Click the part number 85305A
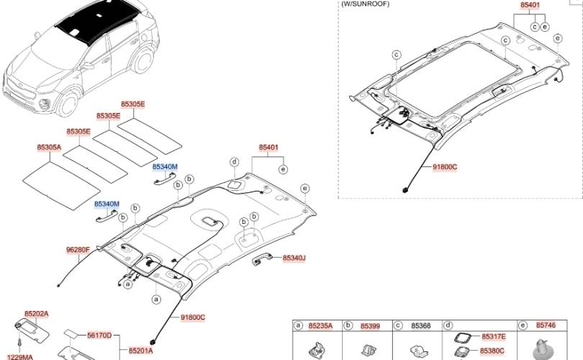tap(49, 148)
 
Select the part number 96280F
tap(78, 250)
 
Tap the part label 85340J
tap(294, 258)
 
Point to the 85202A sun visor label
tap(37, 314)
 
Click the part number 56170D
tap(99, 336)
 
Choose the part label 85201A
tap(141, 351)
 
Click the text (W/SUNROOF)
tap(365, 4)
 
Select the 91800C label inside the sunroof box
tap(445, 167)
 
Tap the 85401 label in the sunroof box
tap(530, 5)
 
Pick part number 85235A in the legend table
tap(320, 326)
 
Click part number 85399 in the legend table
tap(371, 326)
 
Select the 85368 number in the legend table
tap(421, 326)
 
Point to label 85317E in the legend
tap(494, 336)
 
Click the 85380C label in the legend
tap(492, 351)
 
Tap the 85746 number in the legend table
tap(546, 325)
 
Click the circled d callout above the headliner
tap(234, 162)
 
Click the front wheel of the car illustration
tap(68, 104)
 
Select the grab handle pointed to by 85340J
tap(262, 260)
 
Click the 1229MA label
tap(20, 357)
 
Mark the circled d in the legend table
tap(448, 325)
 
